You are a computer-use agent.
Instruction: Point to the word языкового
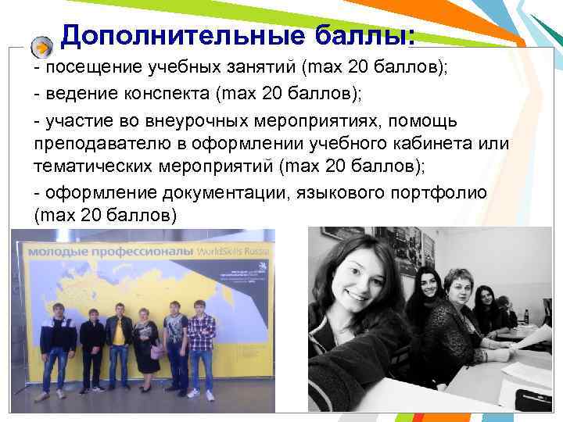pos(337,191)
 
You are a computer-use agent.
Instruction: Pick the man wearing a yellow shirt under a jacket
pos(119,344)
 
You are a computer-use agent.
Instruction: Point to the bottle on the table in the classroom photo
pos(526,316)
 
